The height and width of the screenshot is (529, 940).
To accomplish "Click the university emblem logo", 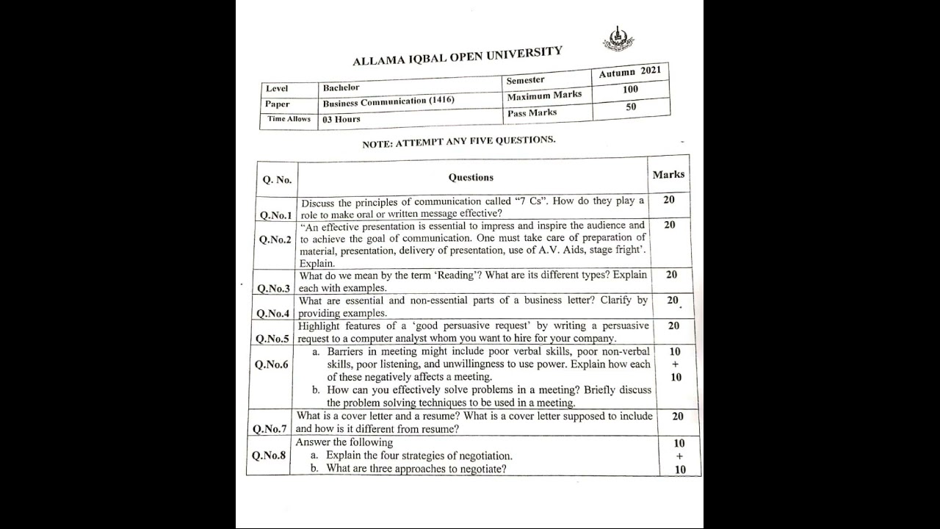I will coord(618,39).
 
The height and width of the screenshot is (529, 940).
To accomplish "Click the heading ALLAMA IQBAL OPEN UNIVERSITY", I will coord(458,56).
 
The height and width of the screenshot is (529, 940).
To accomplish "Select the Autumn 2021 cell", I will coord(629,72).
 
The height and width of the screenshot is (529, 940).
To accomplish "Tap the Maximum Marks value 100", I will coord(630,90).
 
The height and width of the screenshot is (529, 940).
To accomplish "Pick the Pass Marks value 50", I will coord(631,107).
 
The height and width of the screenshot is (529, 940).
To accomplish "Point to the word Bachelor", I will coord(341,87).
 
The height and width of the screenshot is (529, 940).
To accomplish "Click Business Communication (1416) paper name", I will coord(388,101).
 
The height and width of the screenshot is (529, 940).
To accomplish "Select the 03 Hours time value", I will coord(341,119).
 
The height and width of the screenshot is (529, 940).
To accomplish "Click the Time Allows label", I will coord(289,119).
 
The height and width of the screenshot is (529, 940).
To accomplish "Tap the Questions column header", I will coord(471,177).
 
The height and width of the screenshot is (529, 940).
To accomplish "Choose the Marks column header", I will coord(668,175).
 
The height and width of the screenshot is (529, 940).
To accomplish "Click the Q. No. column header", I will coord(277,179).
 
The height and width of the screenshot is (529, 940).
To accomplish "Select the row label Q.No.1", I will coord(275,215).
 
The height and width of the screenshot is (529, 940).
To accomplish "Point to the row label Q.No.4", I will coord(273,314).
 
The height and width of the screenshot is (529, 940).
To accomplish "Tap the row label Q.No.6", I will coord(272,364).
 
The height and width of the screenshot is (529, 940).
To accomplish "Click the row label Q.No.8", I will coord(269,456).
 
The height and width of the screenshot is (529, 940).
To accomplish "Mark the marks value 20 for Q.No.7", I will coord(677,417).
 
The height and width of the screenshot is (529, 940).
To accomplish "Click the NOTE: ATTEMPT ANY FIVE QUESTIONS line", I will coord(458,142).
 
